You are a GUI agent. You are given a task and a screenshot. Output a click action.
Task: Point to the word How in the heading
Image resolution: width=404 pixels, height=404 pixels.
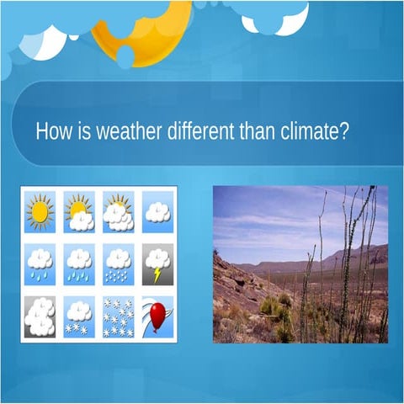click(x=52, y=133)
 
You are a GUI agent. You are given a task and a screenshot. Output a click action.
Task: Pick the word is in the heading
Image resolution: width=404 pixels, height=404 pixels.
click(x=82, y=133)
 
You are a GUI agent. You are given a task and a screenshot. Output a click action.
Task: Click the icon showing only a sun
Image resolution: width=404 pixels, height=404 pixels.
click(x=40, y=211)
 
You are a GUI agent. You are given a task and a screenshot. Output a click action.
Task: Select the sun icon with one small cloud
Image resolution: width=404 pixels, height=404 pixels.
click(x=79, y=212)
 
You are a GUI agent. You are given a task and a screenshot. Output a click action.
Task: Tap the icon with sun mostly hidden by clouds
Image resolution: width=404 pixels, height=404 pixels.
click(x=118, y=212)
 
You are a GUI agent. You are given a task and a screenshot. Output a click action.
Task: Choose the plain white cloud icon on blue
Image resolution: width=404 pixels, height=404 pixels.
click(x=157, y=211)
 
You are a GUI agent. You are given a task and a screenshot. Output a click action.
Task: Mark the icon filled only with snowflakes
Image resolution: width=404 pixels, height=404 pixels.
click(x=118, y=316)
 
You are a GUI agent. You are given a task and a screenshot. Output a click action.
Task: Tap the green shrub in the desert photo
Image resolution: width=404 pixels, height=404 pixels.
click(x=271, y=304)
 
